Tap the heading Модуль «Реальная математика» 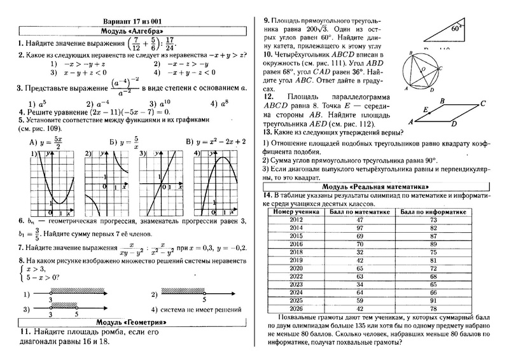coord(376,186)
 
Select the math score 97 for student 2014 coord(359,227)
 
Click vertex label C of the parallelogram coord(484,103)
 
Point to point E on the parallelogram coord(425,109)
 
